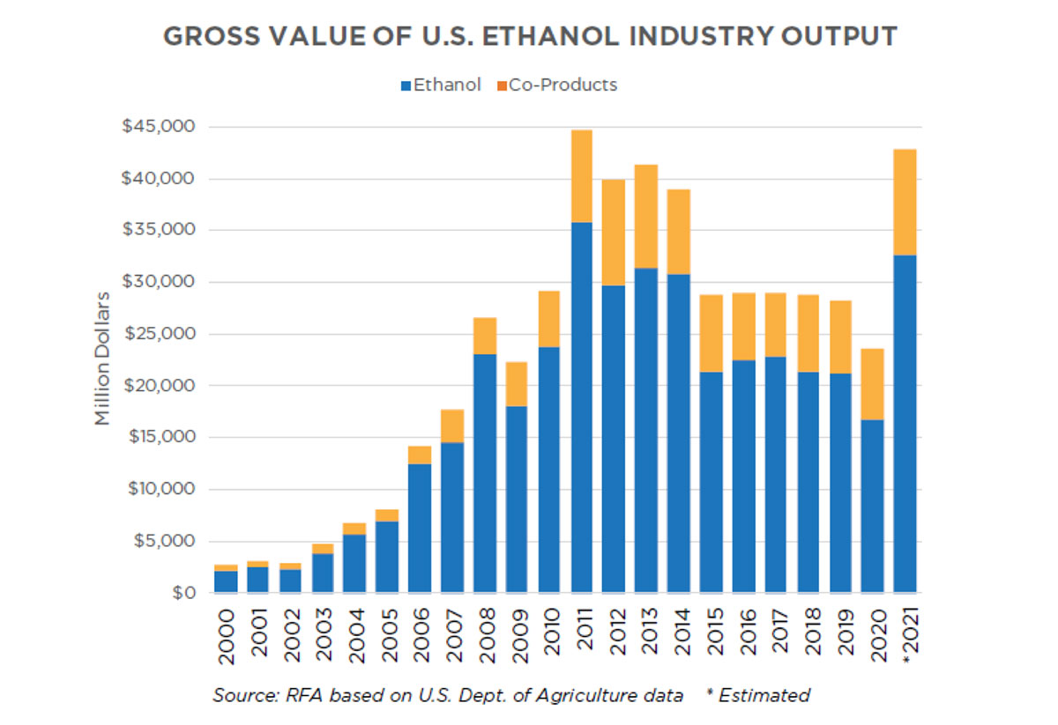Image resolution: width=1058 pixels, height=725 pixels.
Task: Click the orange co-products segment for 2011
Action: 582,176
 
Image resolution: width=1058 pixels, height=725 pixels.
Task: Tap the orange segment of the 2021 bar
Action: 905,203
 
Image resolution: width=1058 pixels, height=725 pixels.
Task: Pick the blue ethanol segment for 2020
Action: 872,506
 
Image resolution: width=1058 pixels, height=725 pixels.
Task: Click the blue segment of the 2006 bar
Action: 420,528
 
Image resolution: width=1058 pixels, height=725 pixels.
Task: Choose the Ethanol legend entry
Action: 442,85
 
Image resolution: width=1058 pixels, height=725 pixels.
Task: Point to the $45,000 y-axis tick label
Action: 159,127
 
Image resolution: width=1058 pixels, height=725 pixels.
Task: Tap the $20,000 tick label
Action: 159,386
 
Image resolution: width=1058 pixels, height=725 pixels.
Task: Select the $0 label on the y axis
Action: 182,593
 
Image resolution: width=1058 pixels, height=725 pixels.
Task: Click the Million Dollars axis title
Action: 104,359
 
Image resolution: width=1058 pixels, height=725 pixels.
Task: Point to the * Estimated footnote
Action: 758,695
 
